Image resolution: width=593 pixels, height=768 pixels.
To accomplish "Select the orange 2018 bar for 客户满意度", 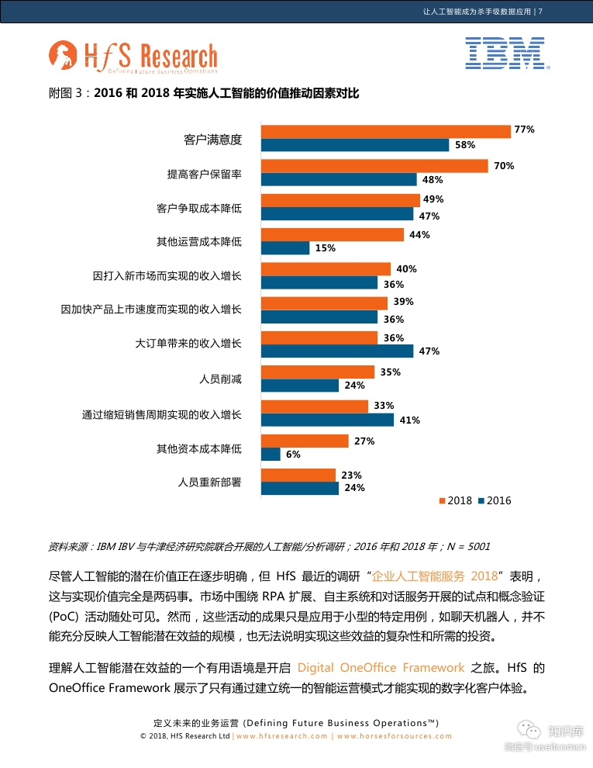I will (385, 131).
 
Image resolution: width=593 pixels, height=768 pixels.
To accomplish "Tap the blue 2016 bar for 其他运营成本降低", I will (285, 248).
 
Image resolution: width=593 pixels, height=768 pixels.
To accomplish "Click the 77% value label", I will (525, 130).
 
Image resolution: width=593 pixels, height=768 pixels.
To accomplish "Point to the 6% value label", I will (293, 455).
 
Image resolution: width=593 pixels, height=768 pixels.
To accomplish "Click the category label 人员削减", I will (220, 379).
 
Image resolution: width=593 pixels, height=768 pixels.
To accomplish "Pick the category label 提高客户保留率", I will (204, 174).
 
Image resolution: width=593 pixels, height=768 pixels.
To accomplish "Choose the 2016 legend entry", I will (494, 500).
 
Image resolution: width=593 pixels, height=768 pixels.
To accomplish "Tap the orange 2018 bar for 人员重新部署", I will (298, 475).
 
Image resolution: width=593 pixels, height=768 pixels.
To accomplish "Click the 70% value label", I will (504, 166).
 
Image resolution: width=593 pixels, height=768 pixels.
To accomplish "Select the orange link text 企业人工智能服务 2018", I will (434, 576).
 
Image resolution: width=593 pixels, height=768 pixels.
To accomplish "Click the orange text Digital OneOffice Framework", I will (381, 667).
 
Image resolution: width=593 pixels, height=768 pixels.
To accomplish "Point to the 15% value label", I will (325, 248).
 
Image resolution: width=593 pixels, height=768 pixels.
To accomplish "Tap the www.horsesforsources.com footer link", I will (394, 736).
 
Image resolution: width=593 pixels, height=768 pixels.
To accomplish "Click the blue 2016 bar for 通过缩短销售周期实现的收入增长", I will (327, 420).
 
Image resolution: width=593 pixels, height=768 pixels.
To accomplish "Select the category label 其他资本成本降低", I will (198, 448).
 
